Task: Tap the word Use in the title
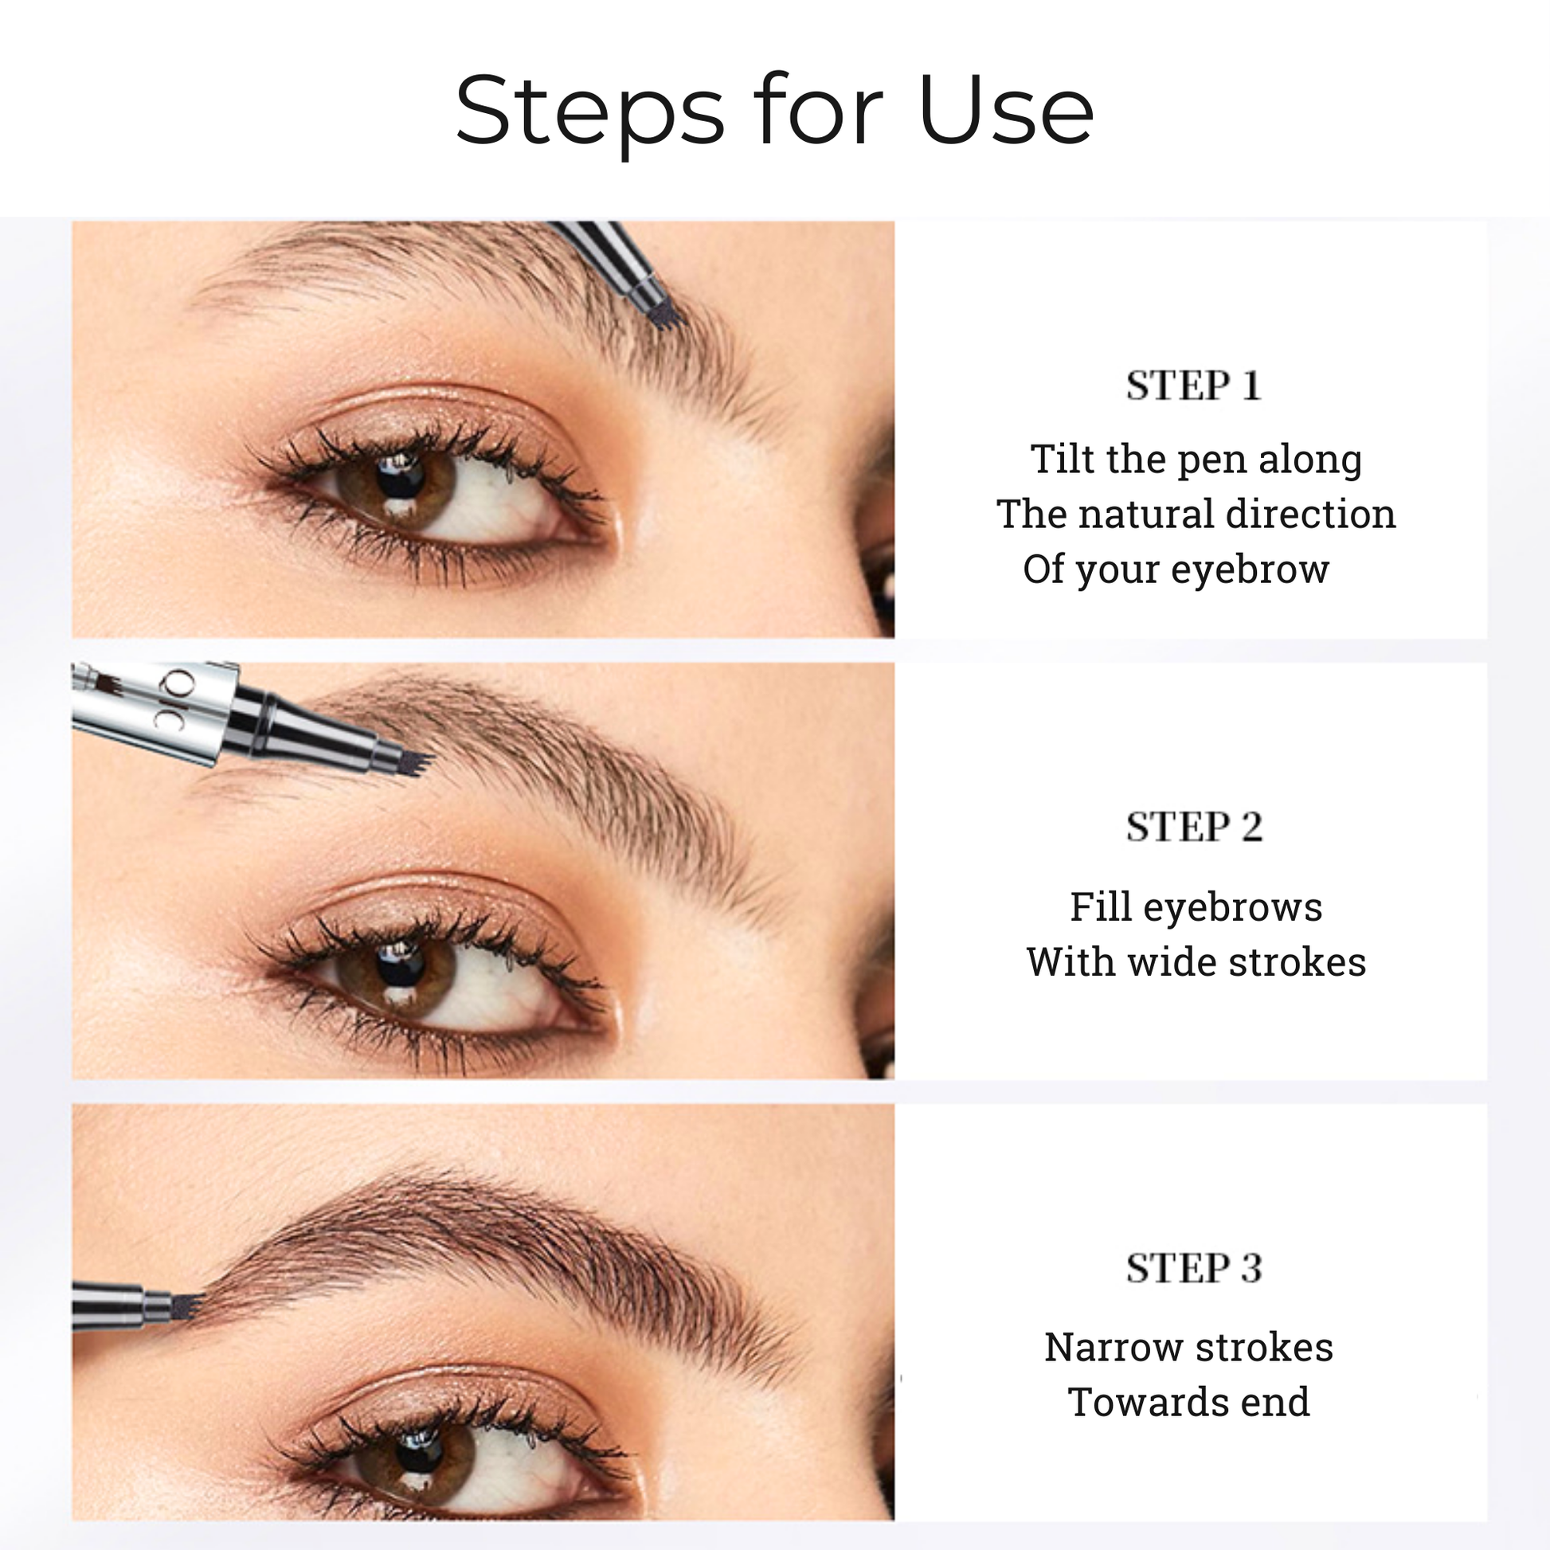coord(1006,110)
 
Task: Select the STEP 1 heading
coord(1194,386)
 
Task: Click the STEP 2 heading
coord(1194,827)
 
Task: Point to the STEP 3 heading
coord(1194,1268)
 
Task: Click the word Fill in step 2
coord(1100,906)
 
